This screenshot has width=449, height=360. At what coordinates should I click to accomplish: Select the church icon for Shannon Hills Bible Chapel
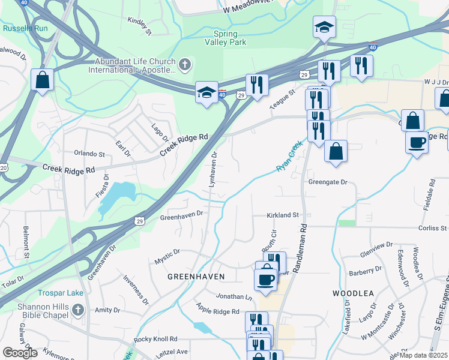[77, 310]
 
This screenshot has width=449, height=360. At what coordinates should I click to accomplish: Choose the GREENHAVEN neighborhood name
[196, 277]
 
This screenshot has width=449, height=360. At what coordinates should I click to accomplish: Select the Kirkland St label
[283, 215]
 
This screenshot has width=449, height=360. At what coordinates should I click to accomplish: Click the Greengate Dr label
[328, 182]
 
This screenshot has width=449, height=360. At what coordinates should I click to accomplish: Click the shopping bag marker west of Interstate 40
[43, 80]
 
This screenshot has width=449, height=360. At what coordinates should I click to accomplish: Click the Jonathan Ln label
[235, 297]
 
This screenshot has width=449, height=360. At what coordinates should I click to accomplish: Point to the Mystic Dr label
[167, 256]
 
